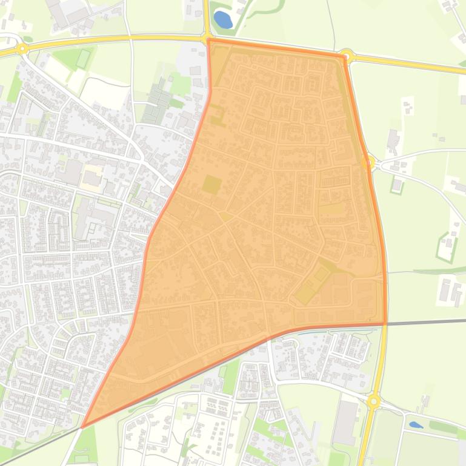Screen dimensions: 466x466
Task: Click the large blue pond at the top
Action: click(x=222, y=20)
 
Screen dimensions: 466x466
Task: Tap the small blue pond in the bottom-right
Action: click(x=416, y=425)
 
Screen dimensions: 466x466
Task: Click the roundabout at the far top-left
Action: click(x=22, y=48)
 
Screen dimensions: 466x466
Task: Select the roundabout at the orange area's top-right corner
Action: click(x=347, y=56)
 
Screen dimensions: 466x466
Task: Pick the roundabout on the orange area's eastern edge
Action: click(x=368, y=162)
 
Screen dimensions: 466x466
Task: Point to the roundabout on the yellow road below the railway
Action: click(x=373, y=401)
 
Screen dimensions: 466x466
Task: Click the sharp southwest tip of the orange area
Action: click(x=82, y=427)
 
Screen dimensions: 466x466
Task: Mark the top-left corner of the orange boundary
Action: click(x=208, y=41)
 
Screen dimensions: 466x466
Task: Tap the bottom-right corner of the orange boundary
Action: click(x=385, y=324)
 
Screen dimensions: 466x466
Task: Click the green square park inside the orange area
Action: click(x=211, y=184)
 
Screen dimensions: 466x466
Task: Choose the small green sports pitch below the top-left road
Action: click(x=82, y=59)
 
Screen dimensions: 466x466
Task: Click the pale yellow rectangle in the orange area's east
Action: click(x=330, y=210)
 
